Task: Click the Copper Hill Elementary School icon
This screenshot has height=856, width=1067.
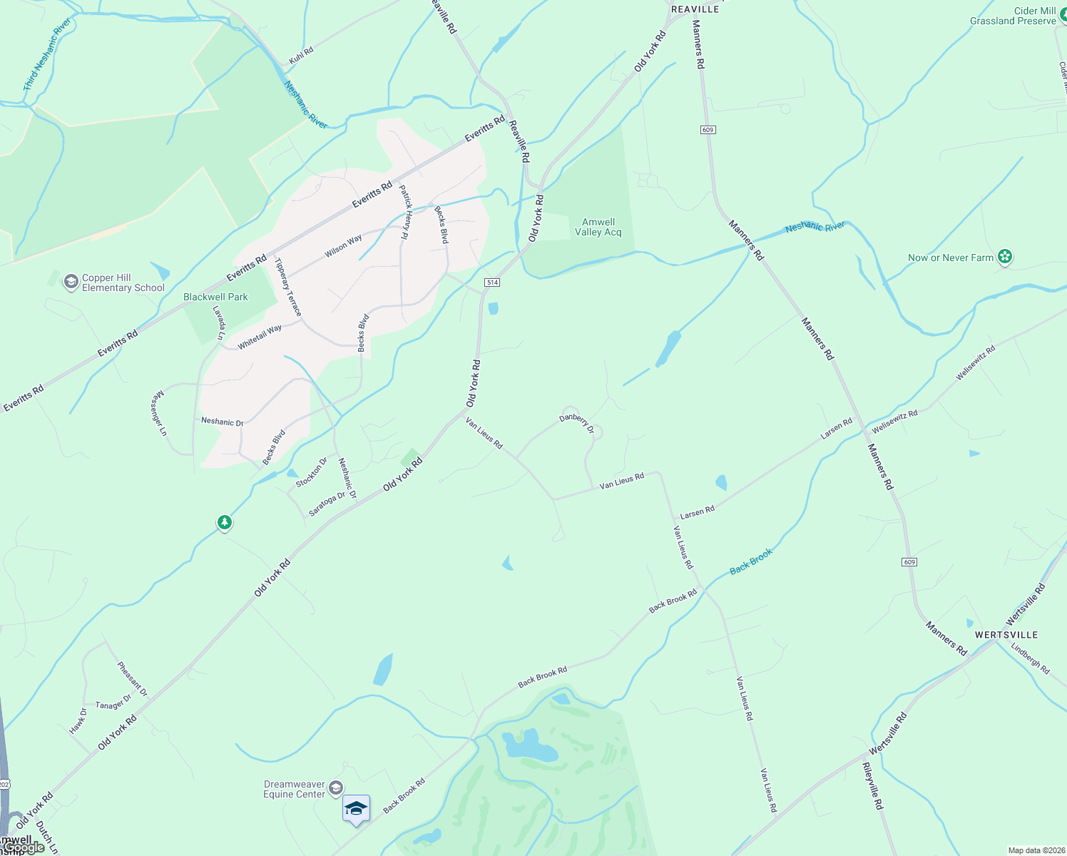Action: click(71, 282)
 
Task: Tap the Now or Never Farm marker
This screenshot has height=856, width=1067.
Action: click(1005, 257)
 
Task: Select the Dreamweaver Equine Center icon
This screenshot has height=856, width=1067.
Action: click(335, 788)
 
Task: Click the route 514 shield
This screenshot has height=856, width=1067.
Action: click(491, 282)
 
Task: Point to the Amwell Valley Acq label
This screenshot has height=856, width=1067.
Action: click(598, 227)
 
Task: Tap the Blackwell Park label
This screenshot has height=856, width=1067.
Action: click(215, 297)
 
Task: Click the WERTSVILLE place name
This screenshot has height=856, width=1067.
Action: click(1006, 635)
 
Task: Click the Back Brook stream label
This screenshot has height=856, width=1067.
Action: click(751, 561)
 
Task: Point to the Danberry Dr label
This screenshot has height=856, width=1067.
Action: click(577, 423)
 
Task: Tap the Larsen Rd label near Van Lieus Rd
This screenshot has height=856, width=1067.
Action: click(697, 513)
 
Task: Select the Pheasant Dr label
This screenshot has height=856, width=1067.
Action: click(133, 679)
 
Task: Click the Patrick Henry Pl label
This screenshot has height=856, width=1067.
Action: click(406, 212)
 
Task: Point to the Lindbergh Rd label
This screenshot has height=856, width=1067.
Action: click(1031, 658)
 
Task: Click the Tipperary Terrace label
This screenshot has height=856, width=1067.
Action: click(288, 287)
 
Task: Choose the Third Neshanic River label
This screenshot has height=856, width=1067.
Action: click(46, 54)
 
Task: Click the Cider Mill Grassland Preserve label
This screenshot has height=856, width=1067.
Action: click(1013, 16)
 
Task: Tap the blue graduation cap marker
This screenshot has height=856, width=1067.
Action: click(356, 809)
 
